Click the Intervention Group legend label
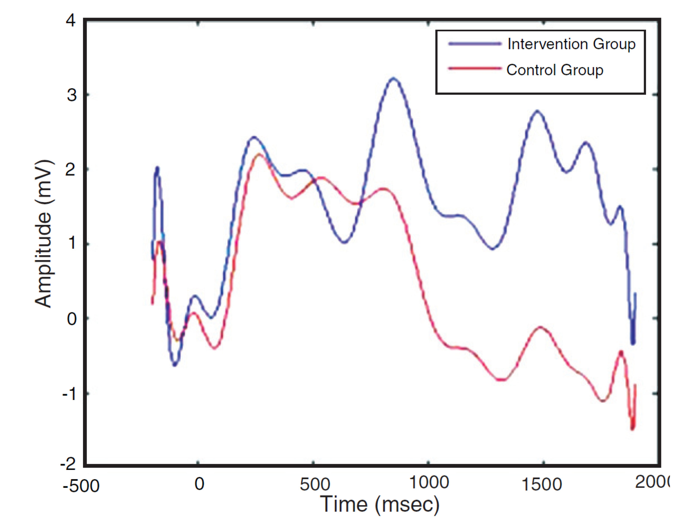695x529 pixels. click(x=571, y=44)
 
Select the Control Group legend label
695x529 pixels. click(x=555, y=70)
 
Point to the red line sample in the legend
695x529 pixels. click(x=475, y=68)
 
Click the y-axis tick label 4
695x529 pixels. click(x=71, y=21)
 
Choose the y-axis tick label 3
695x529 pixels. click(x=71, y=95)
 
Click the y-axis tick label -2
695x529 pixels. click(x=68, y=464)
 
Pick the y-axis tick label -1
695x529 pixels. click(x=69, y=394)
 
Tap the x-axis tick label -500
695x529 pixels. click(x=81, y=486)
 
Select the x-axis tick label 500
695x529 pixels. click(x=314, y=484)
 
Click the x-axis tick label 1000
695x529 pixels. click(x=429, y=483)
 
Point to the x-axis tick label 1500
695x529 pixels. click(x=542, y=484)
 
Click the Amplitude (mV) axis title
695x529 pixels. click(x=43, y=234)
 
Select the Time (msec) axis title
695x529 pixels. click(x=379, y=505)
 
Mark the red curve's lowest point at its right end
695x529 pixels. click(x=632, y=429)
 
